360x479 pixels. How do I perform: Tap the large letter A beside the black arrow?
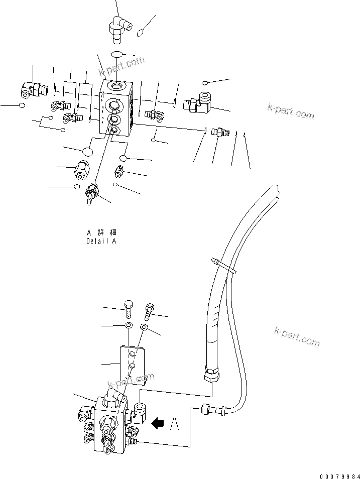[x=175, y=424]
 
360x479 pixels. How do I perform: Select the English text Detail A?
[x=101, y=241]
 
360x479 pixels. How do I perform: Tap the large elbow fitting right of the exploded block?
[x=199, y=103]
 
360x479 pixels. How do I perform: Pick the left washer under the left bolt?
[x=128, y=326]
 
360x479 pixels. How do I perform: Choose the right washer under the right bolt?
[x=144, y=327]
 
